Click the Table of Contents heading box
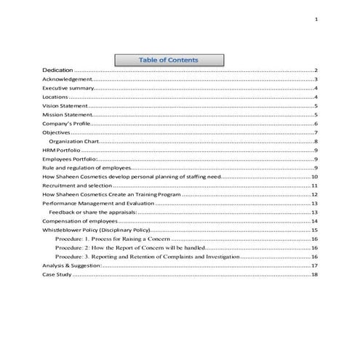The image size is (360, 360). point(168,60)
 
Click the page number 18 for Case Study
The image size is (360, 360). point(314,275)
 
